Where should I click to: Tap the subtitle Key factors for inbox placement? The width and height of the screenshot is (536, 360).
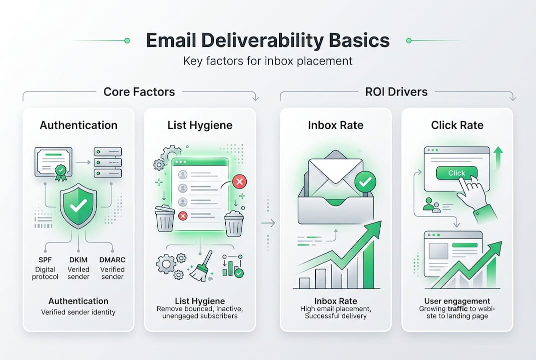268,61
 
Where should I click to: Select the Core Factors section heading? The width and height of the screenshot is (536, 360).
139,91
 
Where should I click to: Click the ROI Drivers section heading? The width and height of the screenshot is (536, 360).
396,91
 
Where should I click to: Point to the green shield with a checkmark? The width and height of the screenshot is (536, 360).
78,205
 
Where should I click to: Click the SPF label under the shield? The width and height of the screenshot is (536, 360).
45,259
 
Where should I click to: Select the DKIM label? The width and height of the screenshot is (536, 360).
78,259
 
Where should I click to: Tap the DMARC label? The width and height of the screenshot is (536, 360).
112,259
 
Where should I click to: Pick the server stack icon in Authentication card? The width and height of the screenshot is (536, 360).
108,162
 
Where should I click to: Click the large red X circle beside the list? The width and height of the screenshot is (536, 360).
240,181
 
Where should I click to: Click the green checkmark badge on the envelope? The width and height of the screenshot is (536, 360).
365,181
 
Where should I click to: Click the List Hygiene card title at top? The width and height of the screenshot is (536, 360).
200,125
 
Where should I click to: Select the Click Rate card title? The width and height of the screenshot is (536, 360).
457,125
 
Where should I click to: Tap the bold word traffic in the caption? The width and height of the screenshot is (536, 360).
458,308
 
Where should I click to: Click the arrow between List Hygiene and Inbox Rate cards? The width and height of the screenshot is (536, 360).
268,223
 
